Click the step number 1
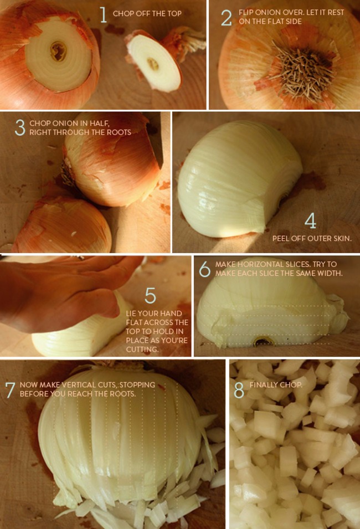pyautogui.click(x=103, y=15)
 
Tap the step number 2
pyautogui.click(x=226, y=18)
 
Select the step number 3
pyautogui.click(x=20, y=127)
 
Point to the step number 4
pyautogui.click(x=310, y=221)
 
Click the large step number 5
pyautogui.click(x=150, y=295)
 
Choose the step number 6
pyautogui.click(x=204, y=269)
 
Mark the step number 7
pyautogui.click(x=10, y=389)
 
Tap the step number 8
pyautogui.click(x=239, y=390)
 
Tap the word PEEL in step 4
pyautogui.click(x=281, y=239)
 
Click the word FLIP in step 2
pyautogui.click(x=246, y=12)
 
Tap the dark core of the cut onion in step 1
pyautogui.click(x=59, y=52)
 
